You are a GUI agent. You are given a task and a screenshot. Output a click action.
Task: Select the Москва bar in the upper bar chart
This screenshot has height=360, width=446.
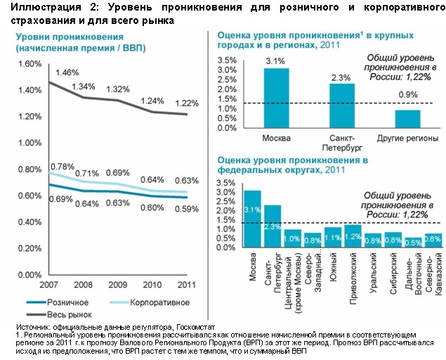pyautogui.click(x=276, y=98)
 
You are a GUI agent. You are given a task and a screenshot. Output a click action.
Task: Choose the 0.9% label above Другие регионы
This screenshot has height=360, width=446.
pyautogui.click(x=407, y=94)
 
